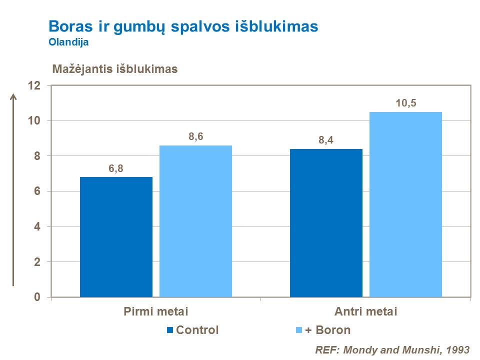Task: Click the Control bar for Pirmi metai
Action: (x=116, y=237)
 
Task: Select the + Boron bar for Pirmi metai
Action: (x=195, y=221)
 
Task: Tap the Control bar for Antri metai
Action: (x=326, y=223)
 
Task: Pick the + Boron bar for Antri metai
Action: (x=405, y=204)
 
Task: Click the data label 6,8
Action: (x=116, y=168)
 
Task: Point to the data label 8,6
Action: (x=195, y=137)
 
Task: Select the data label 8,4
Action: (x=326, y=140)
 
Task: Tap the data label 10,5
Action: (x=405, y=103)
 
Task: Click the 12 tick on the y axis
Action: (x=34, y=85)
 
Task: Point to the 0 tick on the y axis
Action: (x=37, y=297)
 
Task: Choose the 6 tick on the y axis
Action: (x=37, y=191)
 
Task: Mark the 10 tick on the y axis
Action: (x=34, y=121)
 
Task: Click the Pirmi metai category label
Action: (x=155, y=312)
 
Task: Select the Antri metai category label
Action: (x=365, y=312)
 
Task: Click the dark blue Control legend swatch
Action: (x=170, y=330)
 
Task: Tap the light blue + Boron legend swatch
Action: (x=299, y=330)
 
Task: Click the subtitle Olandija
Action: (x=68, y=42)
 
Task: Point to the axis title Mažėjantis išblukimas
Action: (x=115, y=69)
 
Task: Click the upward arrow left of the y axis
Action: (x=13, y=190)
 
